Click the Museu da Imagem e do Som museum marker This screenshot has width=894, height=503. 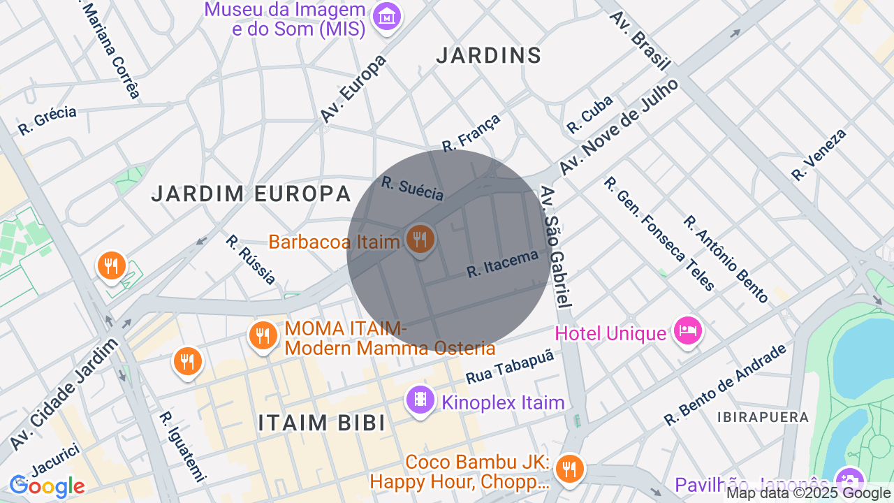pos(387,17)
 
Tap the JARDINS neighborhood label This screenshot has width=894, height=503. pos(488,56)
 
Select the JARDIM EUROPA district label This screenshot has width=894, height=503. pos(251,194)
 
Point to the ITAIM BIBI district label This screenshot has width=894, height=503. pos(321,423)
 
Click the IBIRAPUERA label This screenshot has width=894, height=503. pos(763,417)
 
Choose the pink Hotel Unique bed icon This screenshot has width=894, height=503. pos(687,331)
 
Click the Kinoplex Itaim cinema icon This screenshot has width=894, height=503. pos(420,400)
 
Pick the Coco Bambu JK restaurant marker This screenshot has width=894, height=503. pos(571,467)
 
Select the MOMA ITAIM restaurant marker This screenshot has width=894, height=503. pos(263,336)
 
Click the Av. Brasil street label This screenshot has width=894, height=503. pos(640,40)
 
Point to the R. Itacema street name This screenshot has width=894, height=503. pos(503,263)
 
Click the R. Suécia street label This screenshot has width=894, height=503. pos(413,189)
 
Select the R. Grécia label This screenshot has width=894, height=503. pos(47,120)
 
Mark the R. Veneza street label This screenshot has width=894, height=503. pos(819,155)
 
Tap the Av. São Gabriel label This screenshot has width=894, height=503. pos(557,247)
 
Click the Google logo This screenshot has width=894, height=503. pos(47,486)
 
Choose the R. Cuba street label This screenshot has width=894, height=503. pos(589,114)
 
